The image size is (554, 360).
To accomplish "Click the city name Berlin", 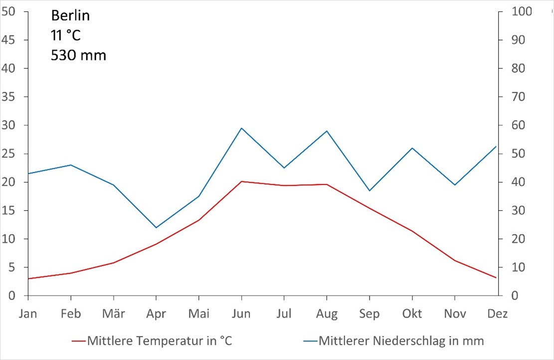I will pyautogui.click(x=70, y=16).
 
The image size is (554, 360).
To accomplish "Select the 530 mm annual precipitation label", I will pyautogui.click(x=78, y=55).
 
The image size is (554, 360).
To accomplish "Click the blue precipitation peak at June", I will pyautogui.click(x=241, y=128).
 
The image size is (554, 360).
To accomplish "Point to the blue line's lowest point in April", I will pyautogui.click(x=156, y=228).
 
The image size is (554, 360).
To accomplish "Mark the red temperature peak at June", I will pyautogui.click(x=241, y=181).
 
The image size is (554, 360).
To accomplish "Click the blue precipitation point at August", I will pyautogui.click(x=327, y=131).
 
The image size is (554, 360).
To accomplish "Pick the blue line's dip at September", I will pyautogui.click(x=369, y=190).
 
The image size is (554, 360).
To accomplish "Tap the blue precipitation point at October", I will pyautogui.click(x=412, y=148).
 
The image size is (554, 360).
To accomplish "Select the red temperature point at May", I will pyautogui.click(x=199, y=220).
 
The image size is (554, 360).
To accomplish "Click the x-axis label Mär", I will pyautogui.click(x=113, y=314).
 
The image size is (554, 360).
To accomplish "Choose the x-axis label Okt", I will pyautogui.click(x=412, y=314).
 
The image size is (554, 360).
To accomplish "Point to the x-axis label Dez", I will pyautogui.click(x=497, y=314).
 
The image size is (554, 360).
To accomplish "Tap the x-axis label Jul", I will pyautogui.click(x=284, y=314).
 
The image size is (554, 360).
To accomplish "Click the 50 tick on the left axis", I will pyautogui.click(x=9, y=11).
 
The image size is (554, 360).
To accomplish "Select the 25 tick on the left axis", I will pyautogui.click(x=9, y=154).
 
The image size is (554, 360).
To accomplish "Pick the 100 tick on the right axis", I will pyautogui.click(x=522, y=11).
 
